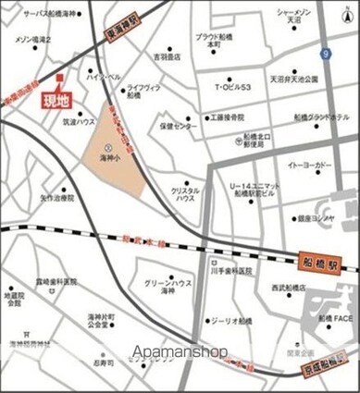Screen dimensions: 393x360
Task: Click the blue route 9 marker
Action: pyautogui.click(x=326, y=55)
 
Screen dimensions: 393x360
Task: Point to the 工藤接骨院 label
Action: pyautogui.click(x=227, y=118)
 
